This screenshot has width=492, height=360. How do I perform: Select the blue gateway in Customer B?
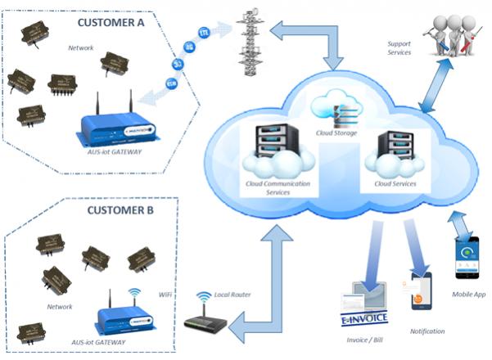coord(122,315)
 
